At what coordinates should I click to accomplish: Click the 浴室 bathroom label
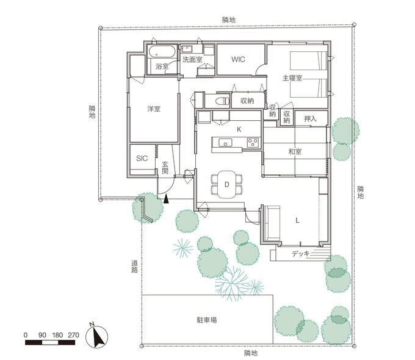pyautogui.click(x=162, y=66)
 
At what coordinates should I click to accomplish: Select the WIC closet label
pyautogui.click(x=238, y=60)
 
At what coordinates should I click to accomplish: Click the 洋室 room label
pyautogui.click(x=154, y=109)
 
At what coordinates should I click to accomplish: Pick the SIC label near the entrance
pyautogui.click(x=142, y=158)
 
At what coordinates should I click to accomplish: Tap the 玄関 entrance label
pyautogui.click(x=165, y=168)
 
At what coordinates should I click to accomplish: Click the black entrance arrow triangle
pyautogui.click(x=166, y=197)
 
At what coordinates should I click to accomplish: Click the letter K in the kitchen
pyautogui.click(x=239, y=129)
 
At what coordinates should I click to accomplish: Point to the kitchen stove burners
pyautogui.click(x=253, y=143)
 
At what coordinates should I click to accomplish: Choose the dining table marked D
pyautogui.click(x=226, y=184)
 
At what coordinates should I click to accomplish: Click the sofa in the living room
pyautogui.click(x=270, y=223)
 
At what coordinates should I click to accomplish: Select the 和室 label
pyautogui.click(x=294, y=151)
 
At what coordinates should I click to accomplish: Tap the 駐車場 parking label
pyautogui.click(x=207, y=319)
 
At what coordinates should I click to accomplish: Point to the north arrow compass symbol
pyautogui.click(x=99, y=336)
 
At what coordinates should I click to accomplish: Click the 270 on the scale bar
pyautogui.click(x=74, y=335)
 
